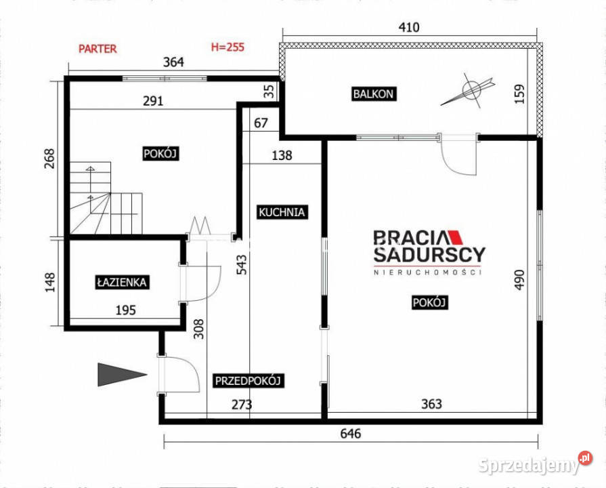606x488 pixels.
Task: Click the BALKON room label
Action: coord(373,94)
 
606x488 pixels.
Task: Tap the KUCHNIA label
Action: coord(282,212)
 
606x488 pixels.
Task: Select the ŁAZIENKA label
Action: coord(122,282)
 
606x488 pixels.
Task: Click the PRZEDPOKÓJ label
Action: coord(248,381)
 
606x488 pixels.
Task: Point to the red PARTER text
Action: coord(98,48)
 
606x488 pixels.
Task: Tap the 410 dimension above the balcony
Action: coord(410,28)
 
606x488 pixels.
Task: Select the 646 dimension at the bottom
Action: coord(350,434)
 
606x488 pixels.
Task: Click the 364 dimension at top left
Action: coord(175,62)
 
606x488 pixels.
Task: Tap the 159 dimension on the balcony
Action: coord(519,93)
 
